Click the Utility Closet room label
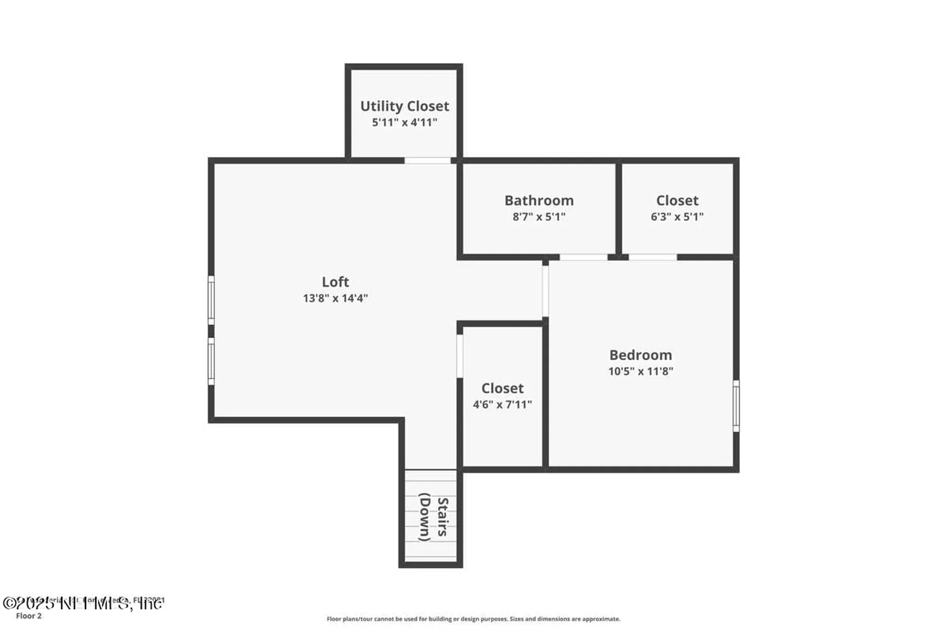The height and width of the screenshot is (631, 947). (x=404, y=106)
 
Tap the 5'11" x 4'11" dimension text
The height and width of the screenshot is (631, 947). (x=404, y=123)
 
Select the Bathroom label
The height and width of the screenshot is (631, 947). (x=539, y=200)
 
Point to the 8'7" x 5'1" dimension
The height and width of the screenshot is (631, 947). (x=539, y=217)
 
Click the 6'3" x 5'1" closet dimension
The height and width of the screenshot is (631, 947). (x=677, y=217)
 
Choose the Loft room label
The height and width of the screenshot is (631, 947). (x=335, y=282)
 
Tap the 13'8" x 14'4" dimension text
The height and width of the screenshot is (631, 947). (x=335, y=298)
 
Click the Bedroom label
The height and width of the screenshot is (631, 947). (x=641, y=355)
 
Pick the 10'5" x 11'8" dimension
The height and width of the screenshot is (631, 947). (x=641, y=371)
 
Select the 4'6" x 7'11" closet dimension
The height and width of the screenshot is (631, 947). (x=502, y=404)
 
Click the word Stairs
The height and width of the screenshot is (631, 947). (x=442, y=516)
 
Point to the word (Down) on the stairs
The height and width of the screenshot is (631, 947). (x=425, y=517)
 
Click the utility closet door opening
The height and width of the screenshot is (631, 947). (x=427, y=161)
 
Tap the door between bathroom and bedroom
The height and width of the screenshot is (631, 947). (x=583, y=257)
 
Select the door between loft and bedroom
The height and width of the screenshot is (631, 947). (x=545, y=291)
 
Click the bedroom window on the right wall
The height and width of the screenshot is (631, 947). (x=736, y=406)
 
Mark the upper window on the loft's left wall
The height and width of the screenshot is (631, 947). (x=211, y=300)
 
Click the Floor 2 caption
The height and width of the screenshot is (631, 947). (x=29, y=616)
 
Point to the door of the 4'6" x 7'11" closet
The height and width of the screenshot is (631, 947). (x=459, y=356)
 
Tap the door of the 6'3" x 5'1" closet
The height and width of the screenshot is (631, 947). (x=652, y=257)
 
